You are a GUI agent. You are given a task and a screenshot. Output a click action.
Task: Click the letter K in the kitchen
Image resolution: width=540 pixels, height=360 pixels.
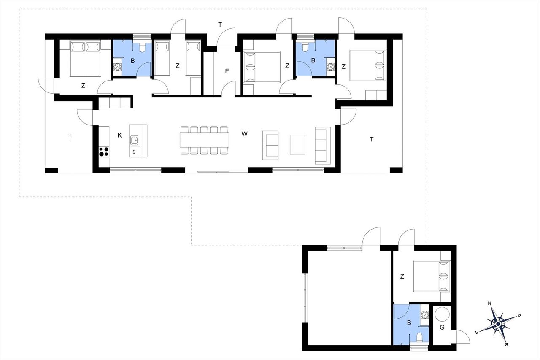pos(119,135)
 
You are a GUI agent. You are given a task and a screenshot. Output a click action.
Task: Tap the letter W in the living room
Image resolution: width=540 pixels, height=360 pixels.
pos(244,134)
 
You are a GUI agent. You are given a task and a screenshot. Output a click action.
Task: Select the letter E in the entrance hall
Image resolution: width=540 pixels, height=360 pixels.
pos(227,71)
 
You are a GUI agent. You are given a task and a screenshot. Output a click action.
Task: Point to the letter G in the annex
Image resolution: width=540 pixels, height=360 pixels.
pos(442,327)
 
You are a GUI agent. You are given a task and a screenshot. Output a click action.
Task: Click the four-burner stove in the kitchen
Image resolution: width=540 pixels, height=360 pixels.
pos(104,152)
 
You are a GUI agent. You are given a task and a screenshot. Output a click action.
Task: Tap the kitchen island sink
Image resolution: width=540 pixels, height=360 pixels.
pos(135,140)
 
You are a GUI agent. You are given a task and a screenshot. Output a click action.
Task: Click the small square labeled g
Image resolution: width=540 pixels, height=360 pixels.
pos(134,152)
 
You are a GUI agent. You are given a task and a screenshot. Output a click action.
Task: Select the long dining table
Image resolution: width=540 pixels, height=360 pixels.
pos(205,140)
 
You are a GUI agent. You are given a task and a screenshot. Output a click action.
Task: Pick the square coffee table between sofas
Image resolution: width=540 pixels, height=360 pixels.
pos(297,145)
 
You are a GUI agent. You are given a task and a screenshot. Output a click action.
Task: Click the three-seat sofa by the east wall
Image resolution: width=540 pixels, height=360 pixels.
pos(323,146)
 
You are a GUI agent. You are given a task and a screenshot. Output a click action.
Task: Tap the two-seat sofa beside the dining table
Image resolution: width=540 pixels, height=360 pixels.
pos(270,145)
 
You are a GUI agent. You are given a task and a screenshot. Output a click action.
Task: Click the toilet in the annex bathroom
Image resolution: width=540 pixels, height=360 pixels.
pos(419,338)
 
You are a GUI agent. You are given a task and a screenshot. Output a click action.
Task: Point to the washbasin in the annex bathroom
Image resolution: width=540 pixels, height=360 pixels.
pos(424,315)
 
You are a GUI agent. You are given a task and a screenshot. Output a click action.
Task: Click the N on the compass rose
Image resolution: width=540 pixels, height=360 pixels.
pos(490,303)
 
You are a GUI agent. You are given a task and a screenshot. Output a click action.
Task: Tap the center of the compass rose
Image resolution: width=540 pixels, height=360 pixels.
pos(498,324)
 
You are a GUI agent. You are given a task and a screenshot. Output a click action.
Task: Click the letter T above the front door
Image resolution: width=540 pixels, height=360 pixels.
pos(220,24)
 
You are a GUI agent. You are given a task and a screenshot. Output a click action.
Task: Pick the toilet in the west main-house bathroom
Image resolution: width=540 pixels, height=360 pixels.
pos(142,47)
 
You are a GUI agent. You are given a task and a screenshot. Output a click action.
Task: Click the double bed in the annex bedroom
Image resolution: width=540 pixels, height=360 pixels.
pos(432,276)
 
